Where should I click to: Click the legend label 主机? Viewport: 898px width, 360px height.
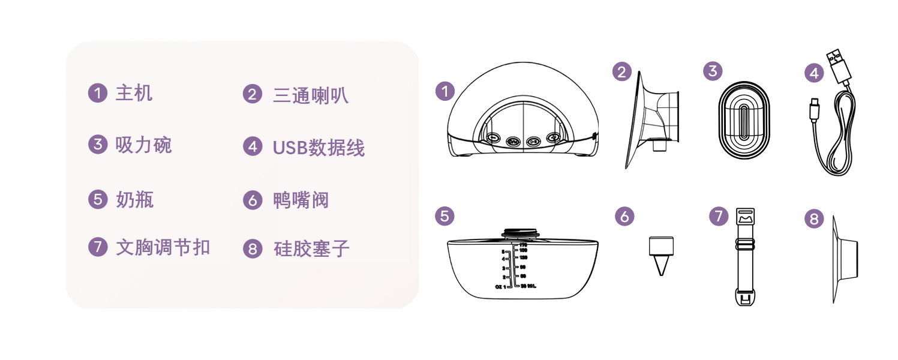click(x=134, y=94)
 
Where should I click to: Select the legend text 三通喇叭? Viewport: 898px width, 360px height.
click(x=310, y=95)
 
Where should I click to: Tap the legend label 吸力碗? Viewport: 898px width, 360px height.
click(x=143, y=145)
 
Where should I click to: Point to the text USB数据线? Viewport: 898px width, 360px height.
click(x=319, y=148)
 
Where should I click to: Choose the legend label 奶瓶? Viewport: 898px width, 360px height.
click(x=134, y=199)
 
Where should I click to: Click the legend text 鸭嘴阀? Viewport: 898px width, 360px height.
click(x=301, y=200)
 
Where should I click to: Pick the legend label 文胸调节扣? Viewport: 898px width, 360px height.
click(x=163, y=247)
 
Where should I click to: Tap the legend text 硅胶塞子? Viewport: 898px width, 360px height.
click(x=311, y=248)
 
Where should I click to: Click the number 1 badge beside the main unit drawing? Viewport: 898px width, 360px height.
click(x=445, y=91)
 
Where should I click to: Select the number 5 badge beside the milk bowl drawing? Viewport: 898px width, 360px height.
click(x=444, y=216)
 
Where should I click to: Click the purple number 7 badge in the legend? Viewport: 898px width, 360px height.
click(x=97, y=247)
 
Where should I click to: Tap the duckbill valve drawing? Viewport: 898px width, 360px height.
click(x=661, y=255)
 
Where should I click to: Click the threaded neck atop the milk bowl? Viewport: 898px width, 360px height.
click(x=521, y=235)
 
